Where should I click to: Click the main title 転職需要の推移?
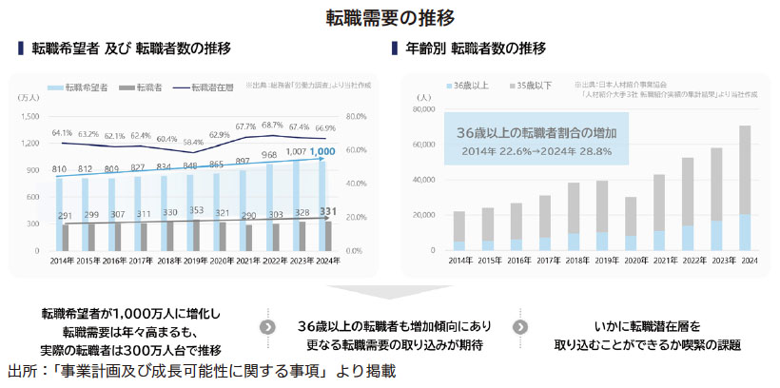click(390, 16)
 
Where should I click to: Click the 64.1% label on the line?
click(62, 132)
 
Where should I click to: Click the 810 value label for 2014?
click(59, 168)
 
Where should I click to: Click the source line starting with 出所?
click(201, 370)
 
